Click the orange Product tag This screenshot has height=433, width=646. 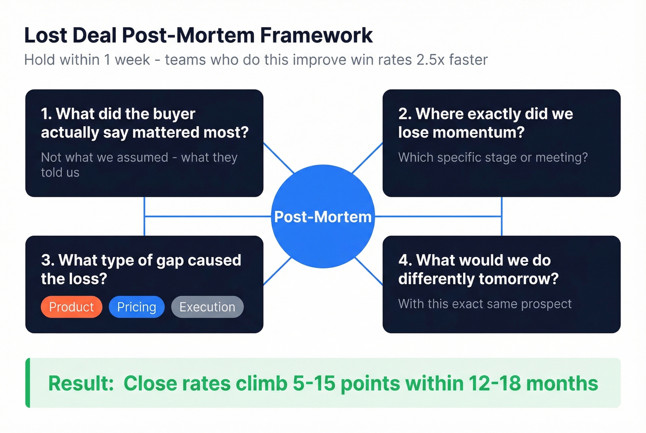[x=72, y=307]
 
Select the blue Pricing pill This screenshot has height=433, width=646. [x=137, y=307]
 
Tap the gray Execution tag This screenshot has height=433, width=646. [x=207, y=307]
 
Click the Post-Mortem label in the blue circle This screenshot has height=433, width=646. [x=323, y=217]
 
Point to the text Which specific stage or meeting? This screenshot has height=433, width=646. [x=493, y=158]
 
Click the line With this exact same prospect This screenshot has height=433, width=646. [x=484, y=304]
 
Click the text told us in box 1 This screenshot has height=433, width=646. [x=60, y=173]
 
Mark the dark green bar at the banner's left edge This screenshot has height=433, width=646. [x=28, y=383]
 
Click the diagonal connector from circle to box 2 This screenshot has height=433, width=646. [x=367, y=158]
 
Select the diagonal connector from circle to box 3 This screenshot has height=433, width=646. [x=277, y=271]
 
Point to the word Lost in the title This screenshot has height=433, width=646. [x=45, y=36]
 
